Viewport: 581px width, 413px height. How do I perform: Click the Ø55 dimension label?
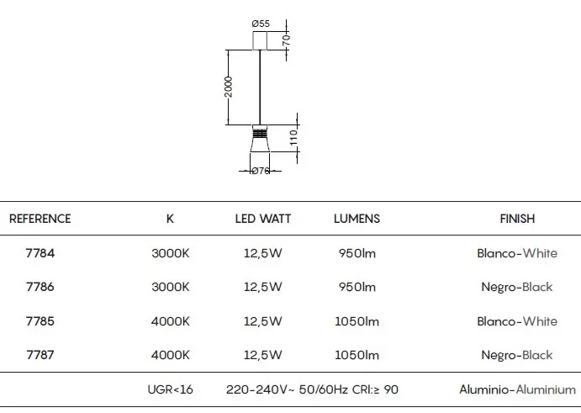tap(261, 24)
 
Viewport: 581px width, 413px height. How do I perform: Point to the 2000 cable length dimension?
tap(229, 87)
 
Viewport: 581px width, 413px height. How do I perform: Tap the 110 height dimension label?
tap(293, 138)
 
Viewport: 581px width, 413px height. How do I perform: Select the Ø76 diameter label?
tap(261, 171)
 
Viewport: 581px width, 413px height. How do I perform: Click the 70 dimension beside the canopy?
tap(287, 40)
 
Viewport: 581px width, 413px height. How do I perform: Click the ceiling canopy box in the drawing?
tap(260, 40)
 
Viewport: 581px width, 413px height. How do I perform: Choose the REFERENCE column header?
tap(40, 219)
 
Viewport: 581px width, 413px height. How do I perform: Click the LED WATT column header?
tap(263, 219)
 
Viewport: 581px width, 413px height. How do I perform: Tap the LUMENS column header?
tap(357, 219)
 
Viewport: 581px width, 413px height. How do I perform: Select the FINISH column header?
tap(517, 219)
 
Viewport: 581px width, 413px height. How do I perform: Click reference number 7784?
tap(40, 253)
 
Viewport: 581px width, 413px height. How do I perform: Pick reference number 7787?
tap(40, 355)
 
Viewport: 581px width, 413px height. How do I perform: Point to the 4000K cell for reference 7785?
tap(171, 321)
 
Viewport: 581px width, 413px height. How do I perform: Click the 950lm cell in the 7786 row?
tap(357, 287)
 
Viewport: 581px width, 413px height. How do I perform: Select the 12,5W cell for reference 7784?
tap(262, 253)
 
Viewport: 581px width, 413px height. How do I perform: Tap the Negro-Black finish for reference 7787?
tap(517, 355)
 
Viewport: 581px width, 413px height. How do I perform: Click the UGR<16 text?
tap(171, 389)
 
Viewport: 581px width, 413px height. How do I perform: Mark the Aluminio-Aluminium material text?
tap(518, 389)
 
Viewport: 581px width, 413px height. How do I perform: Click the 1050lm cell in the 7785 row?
tap(357, 321)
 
